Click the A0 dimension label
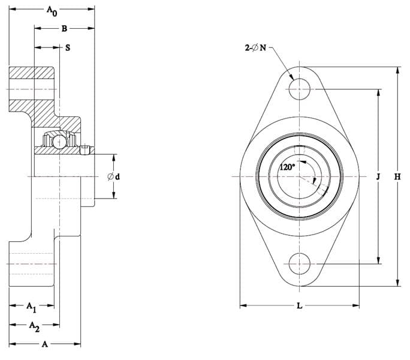coord(52,11)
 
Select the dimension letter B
coord(64,29)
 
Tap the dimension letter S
coord(68,47)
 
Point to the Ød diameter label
coord(114,177)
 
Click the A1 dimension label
coord(31,307)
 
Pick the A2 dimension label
coord(34,326)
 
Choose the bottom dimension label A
coord(45,344)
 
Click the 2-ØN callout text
coord(255,47)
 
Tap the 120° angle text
coord(287,167)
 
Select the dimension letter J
coord(378,177)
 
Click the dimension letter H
coord(397,177)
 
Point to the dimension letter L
coord(299,305)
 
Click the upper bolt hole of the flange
coord(299,89)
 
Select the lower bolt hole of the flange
coord(299,264)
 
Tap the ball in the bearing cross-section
coord(59,142)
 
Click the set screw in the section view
coord(85,150)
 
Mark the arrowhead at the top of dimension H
coord(397,71)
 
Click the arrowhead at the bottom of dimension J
coord(378,260)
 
